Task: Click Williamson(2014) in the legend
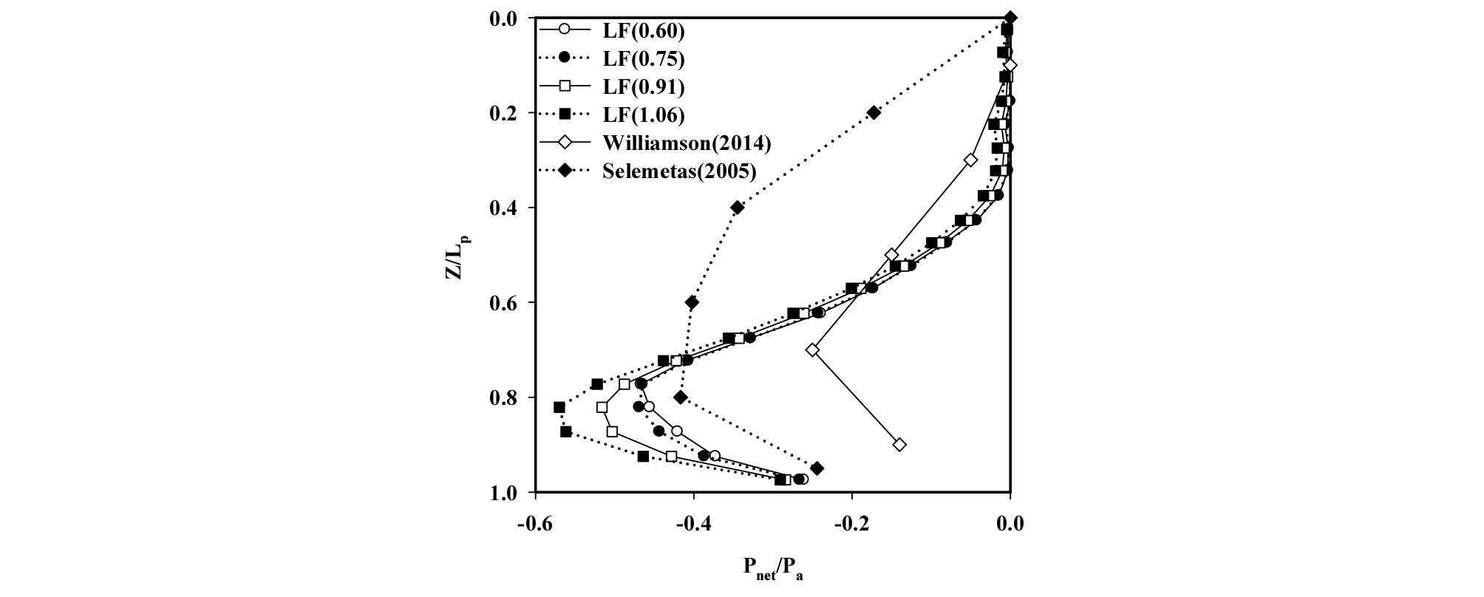pos(687,143)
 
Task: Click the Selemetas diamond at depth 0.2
pos(874,112)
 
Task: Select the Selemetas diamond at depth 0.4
pos(737,208)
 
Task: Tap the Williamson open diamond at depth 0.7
pos(813,349)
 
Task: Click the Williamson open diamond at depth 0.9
pos(899,445)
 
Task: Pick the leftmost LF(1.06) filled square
pos(559,407)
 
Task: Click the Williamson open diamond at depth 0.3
pos(971,160)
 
